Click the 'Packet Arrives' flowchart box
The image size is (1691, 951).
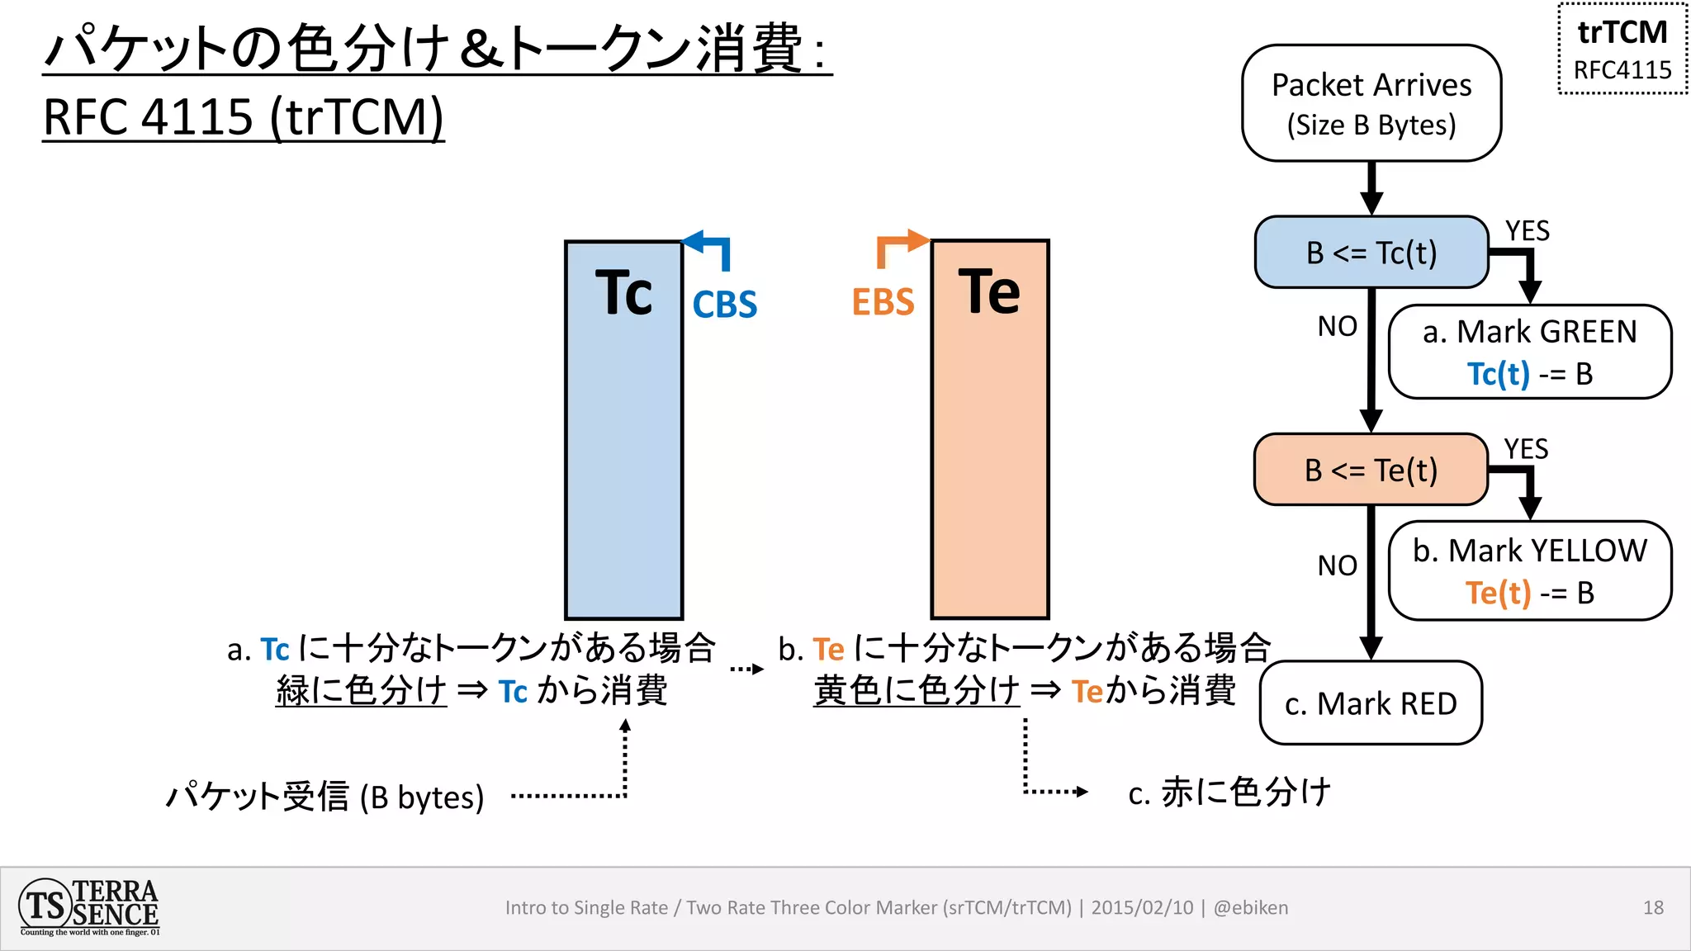(1371, 103)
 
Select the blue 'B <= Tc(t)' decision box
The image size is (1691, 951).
(1371, 253)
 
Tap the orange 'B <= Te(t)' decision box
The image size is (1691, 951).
(1371, 470)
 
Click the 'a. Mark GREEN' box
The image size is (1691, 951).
(1529, 352)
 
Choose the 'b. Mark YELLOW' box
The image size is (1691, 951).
(1529, 570)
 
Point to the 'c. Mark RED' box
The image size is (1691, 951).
(1371, 703)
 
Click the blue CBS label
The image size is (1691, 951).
(724, 305)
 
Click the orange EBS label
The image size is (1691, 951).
(883, 302)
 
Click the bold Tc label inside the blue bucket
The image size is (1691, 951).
(623, 293)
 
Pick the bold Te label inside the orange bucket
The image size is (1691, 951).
(989, 291)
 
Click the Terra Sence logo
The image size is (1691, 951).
(89, 907)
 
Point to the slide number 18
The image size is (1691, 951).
(1653, 908)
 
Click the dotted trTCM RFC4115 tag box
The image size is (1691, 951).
(1622, 50)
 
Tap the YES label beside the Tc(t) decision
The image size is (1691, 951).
(1527, 231)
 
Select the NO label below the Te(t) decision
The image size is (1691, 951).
(1337, 565)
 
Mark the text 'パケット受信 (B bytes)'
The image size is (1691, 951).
(325, 797)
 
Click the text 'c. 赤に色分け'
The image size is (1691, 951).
(1229, 792)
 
